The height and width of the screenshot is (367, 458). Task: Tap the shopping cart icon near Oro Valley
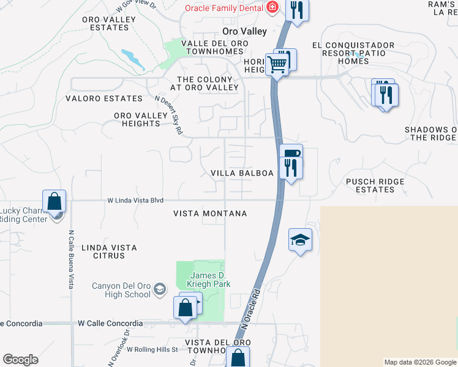click(278, 64)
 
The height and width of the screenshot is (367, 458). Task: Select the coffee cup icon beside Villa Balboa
click(291, 153)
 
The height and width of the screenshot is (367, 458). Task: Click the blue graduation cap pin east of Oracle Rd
click(301, 239)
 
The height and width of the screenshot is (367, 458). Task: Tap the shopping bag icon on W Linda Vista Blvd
click(54, 201)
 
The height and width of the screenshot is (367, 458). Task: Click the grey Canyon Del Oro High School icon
click(159, 289)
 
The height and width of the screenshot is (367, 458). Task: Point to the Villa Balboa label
click(242, 173)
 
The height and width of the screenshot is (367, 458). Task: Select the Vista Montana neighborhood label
click(210, 213)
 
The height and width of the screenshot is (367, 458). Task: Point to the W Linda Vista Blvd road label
click(136, 200)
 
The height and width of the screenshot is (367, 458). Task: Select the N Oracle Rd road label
click(249, 312)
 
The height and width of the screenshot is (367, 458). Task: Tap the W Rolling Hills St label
click(152, 349)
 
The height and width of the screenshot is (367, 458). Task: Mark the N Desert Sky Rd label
click(170, 114)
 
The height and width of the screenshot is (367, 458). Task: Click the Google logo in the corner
click(20, 360)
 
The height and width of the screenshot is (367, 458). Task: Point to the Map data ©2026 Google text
click(419, 362)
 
